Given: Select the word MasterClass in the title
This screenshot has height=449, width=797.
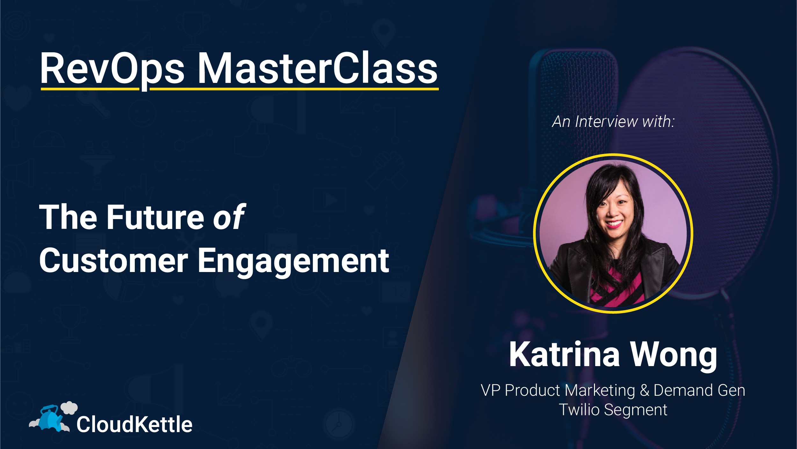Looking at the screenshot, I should click(x=317, y=69).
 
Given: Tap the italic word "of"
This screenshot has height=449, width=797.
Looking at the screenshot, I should click(x=229, y=217).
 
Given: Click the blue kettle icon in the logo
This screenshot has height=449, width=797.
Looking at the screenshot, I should click(x=50, y=418).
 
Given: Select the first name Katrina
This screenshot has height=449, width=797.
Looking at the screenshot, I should click(x=564, y=355).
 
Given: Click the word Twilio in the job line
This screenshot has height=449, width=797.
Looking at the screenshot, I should click(x=579, y=410).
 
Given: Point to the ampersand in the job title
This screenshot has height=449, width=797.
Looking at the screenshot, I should click(x=644, y=390).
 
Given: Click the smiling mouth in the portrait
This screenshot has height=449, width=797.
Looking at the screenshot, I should click(x=614, y=224).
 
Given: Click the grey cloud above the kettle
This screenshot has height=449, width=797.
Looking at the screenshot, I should click(x=69, y=407).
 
